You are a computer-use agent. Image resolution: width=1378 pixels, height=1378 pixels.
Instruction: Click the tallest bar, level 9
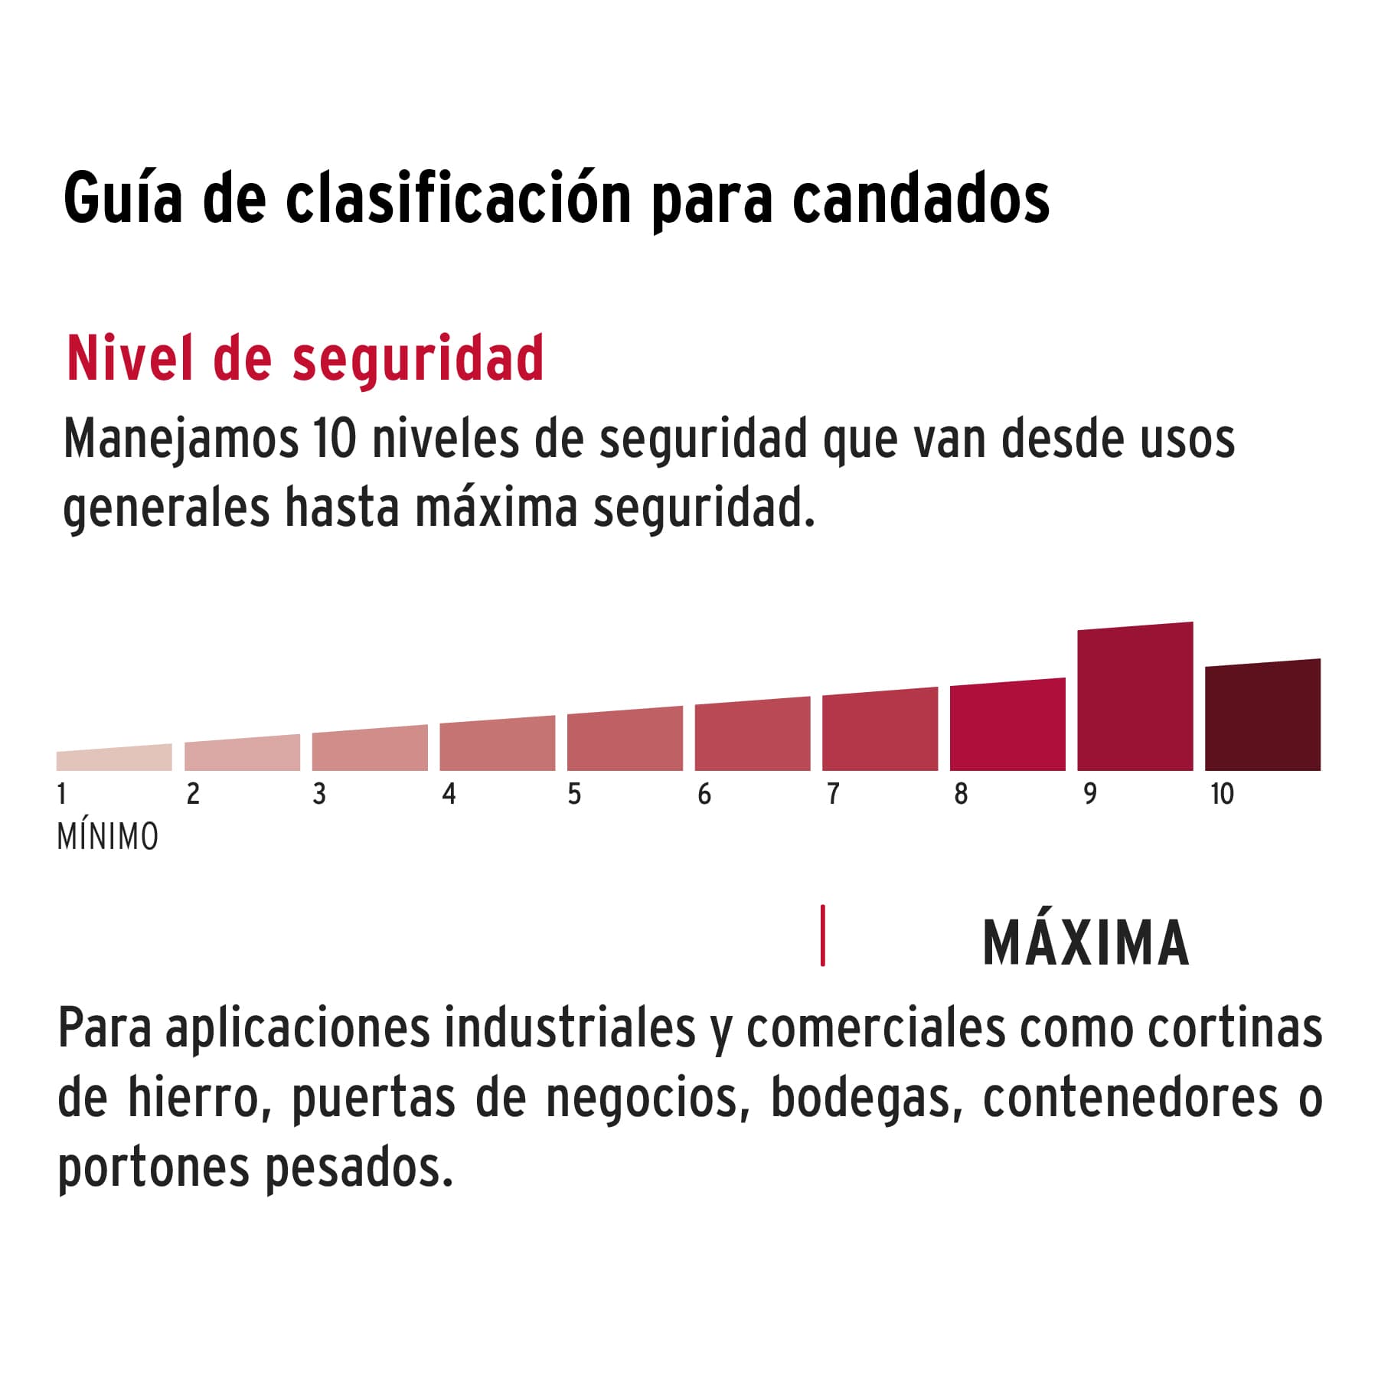[1135, 697]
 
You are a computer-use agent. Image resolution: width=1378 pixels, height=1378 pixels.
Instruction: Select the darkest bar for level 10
[1262, 716]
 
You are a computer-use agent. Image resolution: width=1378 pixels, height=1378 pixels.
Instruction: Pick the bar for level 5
[625, 740]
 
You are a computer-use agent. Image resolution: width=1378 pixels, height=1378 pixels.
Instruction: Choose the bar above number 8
[1007, 726]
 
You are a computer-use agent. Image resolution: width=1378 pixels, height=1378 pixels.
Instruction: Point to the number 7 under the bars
[833, 794]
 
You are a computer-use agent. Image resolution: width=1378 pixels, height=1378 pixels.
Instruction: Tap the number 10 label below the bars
[1222, 794]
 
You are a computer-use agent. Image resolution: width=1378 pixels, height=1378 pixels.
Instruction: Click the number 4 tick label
[449, 794]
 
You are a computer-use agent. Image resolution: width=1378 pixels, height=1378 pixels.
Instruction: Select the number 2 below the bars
[193, 794]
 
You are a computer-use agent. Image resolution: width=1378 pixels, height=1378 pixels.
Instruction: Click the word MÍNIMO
[108, 837]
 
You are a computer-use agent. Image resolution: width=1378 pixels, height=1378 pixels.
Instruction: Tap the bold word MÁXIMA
[1086, 943]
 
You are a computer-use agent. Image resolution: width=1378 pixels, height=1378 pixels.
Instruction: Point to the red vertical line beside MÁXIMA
[823, 936]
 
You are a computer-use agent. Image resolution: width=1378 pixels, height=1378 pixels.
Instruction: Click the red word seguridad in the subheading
[418, 360]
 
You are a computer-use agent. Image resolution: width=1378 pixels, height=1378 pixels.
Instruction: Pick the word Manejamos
[181, 439]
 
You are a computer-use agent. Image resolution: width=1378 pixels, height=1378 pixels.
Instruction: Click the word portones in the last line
[153, 1168]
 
